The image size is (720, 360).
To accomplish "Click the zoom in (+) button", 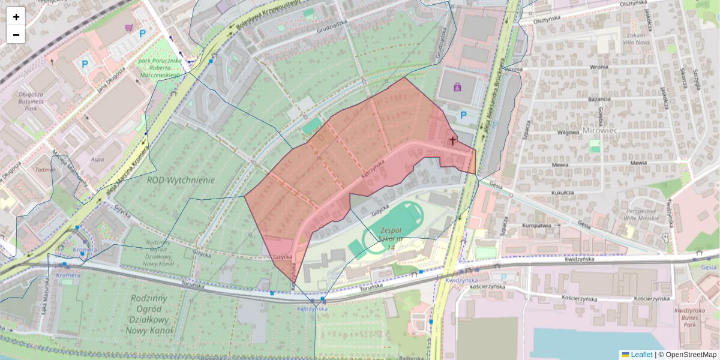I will [16, 17].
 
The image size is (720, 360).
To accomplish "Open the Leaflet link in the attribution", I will [641, 355].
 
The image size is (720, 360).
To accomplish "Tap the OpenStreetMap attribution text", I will [690, 355].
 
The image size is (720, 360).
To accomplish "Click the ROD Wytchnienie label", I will [181, 179].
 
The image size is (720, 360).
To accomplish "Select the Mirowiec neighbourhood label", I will [599, 130].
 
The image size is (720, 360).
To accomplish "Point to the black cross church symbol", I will [452, 140].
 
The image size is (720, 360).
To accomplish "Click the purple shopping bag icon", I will [458, 87].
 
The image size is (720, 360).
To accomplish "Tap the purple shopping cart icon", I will [128, 28].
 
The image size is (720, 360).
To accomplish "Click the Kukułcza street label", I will [563, 193].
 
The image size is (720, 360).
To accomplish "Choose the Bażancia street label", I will [599, 99].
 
